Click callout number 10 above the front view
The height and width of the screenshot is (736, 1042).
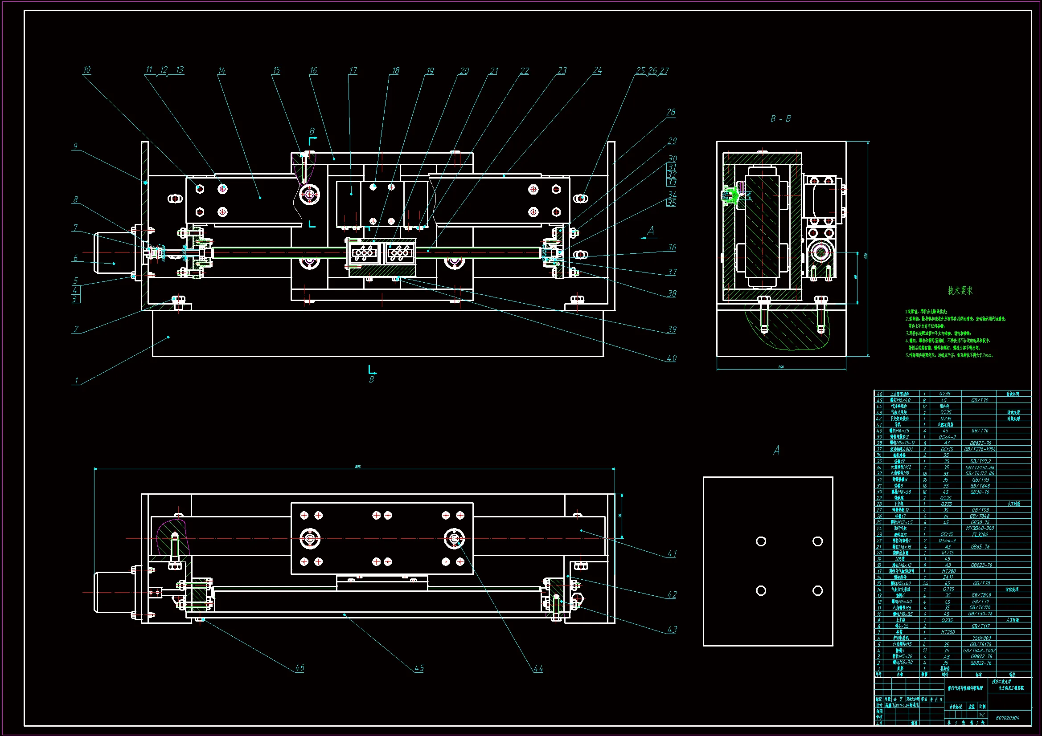tap(86, 70)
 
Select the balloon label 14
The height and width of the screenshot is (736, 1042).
tap(222, 71)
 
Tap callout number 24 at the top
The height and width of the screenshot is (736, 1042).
tap(597, 70)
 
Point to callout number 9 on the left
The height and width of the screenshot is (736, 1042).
tap(75, 146)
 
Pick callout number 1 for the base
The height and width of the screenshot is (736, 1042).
tap(76, 381)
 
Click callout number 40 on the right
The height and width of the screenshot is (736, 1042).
tap(671, 358)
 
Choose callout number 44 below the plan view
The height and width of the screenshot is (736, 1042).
tap(538, 668)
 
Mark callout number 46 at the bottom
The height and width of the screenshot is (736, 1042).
tap(299, 667)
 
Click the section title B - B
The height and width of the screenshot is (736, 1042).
tap(780, 119)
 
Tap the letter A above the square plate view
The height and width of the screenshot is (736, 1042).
tap(776, 451)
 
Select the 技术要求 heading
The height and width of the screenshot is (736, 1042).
tap(960, 291)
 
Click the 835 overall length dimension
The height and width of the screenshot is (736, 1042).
tap(357, 467)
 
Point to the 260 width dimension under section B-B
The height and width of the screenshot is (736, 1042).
tap(780, 367)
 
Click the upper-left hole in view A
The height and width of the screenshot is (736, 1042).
tap(761, 541)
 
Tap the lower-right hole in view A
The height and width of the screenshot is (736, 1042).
tap(817, 590)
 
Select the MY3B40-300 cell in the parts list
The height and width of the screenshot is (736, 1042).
tap(979, 529)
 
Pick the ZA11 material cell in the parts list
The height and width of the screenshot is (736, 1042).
tap(947, 577)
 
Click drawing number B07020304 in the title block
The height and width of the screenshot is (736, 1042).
tap(1007, 718)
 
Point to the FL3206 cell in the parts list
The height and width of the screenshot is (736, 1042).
tap(979, 535)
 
